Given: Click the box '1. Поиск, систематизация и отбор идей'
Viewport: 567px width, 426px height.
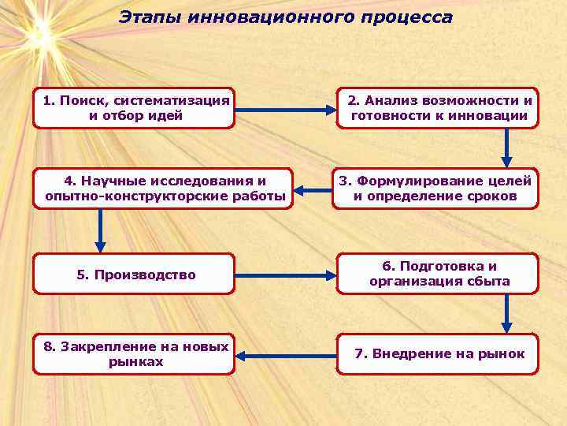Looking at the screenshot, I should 134,108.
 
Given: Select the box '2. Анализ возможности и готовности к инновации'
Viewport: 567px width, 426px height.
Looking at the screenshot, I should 438,108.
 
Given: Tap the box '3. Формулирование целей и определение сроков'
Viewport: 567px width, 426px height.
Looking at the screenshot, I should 435,189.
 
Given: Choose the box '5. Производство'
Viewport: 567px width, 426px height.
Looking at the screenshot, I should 134,274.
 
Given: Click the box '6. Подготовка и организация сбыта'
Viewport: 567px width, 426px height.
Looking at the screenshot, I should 438,274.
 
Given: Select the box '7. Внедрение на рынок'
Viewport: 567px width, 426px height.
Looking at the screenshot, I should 438,353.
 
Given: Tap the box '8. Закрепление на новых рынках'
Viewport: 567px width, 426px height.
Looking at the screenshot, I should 134,353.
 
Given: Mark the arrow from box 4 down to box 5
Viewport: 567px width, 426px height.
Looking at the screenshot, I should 100,230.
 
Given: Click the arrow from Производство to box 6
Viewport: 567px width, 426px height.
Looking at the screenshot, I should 285,276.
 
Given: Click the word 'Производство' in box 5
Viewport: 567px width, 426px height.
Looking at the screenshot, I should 145,275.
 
